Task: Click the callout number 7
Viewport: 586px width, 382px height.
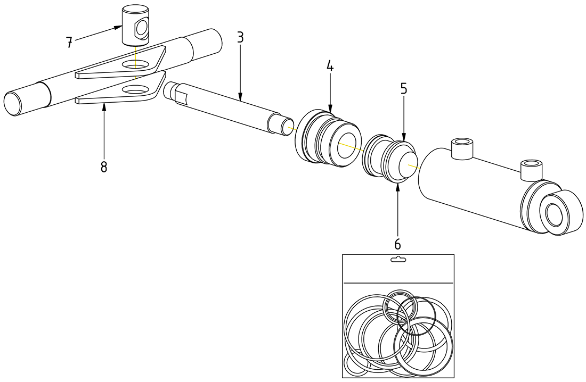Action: [x=69, y=43]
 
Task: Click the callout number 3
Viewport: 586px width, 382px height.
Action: [x=240, y=37]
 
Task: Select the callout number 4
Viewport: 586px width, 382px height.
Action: [x=330, y=66]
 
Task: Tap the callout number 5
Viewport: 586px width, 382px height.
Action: [x=404, y=88]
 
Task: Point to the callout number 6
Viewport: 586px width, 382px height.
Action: [x=397, y=244]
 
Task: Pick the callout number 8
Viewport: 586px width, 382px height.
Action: [x=103, y=167]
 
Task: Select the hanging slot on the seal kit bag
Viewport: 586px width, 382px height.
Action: [x=398, y=260]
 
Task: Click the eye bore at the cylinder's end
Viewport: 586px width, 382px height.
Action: [x=554, y=213]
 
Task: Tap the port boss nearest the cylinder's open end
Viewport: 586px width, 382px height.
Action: [x=462, y=147]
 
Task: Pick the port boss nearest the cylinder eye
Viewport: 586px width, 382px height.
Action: [x=531, y=168]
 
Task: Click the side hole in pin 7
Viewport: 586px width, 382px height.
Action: [x=142, y=29]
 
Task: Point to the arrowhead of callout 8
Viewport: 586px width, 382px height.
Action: [x=103, y=107]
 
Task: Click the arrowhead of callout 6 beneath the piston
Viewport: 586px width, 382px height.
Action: [x=397, y=186]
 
